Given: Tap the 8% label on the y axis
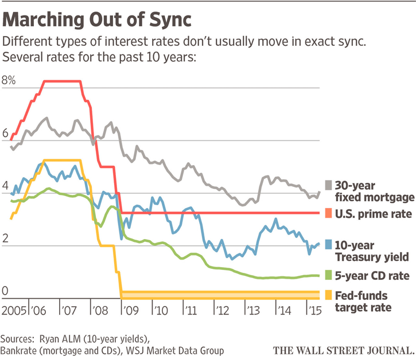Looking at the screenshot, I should pyautogui.click(x=10, y=81).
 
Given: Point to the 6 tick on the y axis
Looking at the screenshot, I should pyautogui.click(x=6, y=134).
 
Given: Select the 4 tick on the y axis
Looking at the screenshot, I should pyautogui.click(x=6, y=187).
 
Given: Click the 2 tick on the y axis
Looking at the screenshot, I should pyautogui.click(x=6, y=240).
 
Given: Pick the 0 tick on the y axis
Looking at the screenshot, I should pyautogui.click(x=6, y=292).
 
